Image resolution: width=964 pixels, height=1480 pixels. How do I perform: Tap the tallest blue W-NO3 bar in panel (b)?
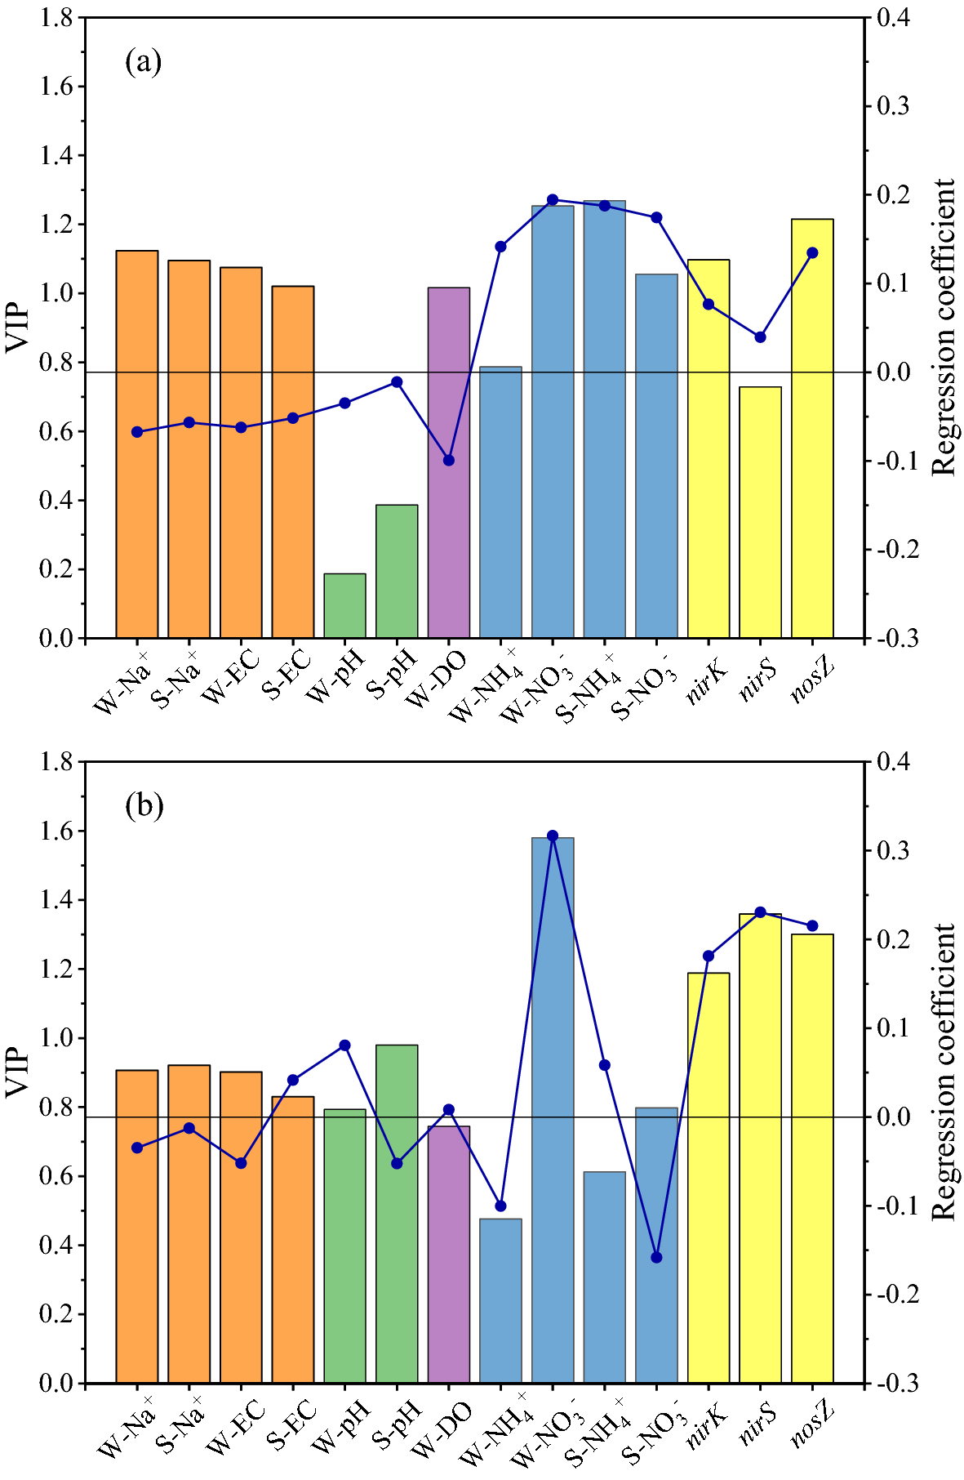coord(553,1111)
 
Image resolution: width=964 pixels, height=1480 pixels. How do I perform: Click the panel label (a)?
coord(144,61)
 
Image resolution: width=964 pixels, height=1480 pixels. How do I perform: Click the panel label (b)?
coord(144,806)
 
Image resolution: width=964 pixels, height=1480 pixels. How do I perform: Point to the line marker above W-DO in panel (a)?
coord(448,460)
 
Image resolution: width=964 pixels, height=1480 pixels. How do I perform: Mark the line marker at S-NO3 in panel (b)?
coord(656,1257)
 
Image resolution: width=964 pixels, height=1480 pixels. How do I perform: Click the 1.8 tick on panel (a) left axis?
coord(57,17)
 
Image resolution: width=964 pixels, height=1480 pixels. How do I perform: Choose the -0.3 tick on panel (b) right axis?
coord(896,1384)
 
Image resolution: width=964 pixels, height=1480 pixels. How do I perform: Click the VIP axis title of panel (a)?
coord(17,328)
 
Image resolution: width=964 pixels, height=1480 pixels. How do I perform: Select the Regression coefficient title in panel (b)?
coord(944,1072)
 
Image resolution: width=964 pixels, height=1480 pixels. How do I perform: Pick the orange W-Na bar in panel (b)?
coord(137,1225)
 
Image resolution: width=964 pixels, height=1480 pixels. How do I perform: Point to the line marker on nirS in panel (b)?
coord(760,912)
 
